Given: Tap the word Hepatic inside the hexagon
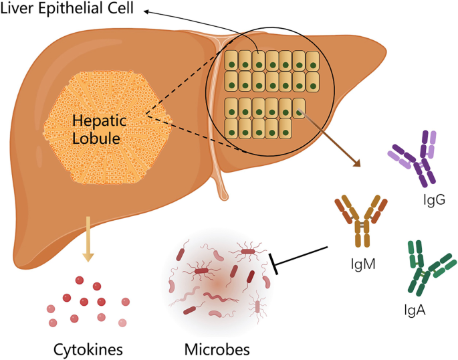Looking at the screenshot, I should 96,121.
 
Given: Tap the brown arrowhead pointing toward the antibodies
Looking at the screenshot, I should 354,163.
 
